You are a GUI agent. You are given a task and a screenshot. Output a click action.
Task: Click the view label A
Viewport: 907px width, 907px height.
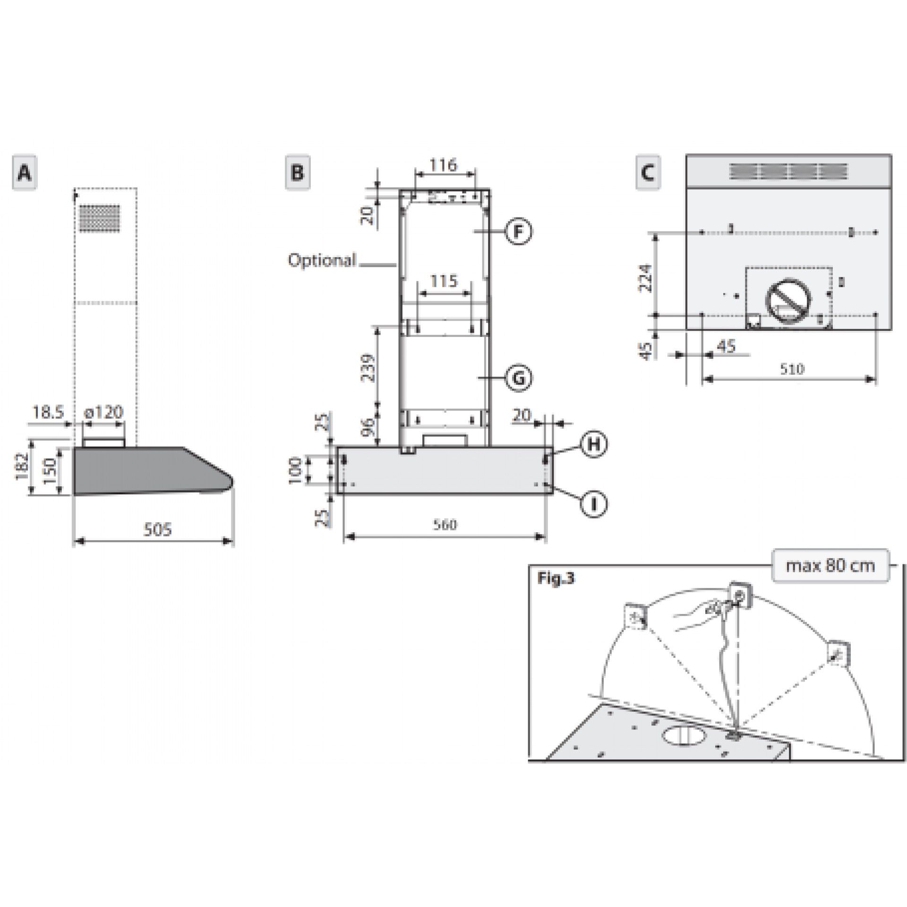24,173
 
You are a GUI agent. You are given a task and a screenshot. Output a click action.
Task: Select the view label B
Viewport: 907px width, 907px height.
298,173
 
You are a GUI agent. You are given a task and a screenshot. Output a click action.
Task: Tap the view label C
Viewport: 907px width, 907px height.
648,173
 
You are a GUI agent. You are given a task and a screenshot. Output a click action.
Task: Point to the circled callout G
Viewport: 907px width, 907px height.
518,378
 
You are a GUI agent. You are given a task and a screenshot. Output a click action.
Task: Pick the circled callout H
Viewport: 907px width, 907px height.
594,444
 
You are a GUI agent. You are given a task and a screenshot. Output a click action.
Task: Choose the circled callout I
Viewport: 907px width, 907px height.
594,504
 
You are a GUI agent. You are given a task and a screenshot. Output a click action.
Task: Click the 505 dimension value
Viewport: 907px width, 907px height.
157,529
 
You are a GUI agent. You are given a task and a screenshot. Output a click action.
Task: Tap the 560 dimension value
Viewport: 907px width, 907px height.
445,525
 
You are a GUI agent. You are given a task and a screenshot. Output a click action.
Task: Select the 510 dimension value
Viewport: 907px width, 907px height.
792,369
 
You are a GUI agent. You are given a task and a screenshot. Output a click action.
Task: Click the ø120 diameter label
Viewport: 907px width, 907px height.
103,412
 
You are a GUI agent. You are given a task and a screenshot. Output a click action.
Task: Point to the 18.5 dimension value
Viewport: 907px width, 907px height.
48,412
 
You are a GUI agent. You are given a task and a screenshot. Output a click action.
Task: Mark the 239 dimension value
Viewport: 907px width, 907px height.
368,368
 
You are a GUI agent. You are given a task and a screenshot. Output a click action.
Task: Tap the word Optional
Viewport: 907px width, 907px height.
322,260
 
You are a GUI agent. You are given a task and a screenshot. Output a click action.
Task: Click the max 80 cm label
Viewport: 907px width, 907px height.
830,565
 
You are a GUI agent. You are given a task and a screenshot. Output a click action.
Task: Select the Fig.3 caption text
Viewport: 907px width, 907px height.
556,579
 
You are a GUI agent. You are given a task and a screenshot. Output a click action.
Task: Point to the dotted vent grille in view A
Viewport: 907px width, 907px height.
100,218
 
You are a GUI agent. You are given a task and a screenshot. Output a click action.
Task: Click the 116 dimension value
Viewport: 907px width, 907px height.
444,165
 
